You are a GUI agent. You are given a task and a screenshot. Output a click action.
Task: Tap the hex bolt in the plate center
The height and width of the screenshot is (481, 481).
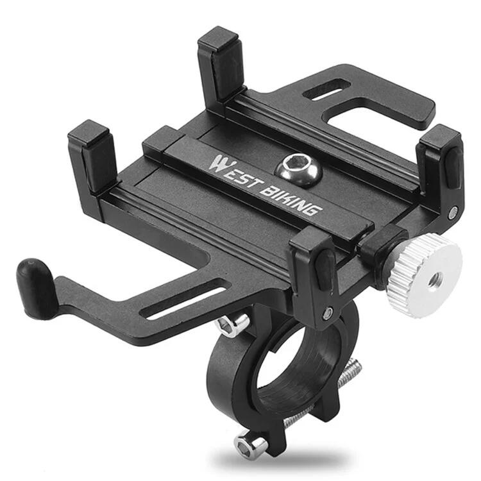click(290, 169)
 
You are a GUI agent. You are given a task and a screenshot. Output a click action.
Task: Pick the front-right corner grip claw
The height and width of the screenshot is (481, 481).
click(314, 269)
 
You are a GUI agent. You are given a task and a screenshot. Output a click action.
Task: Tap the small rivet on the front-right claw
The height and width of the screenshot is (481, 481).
click(328, 313)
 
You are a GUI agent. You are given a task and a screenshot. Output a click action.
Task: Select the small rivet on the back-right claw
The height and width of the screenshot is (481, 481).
click(453, 212)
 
